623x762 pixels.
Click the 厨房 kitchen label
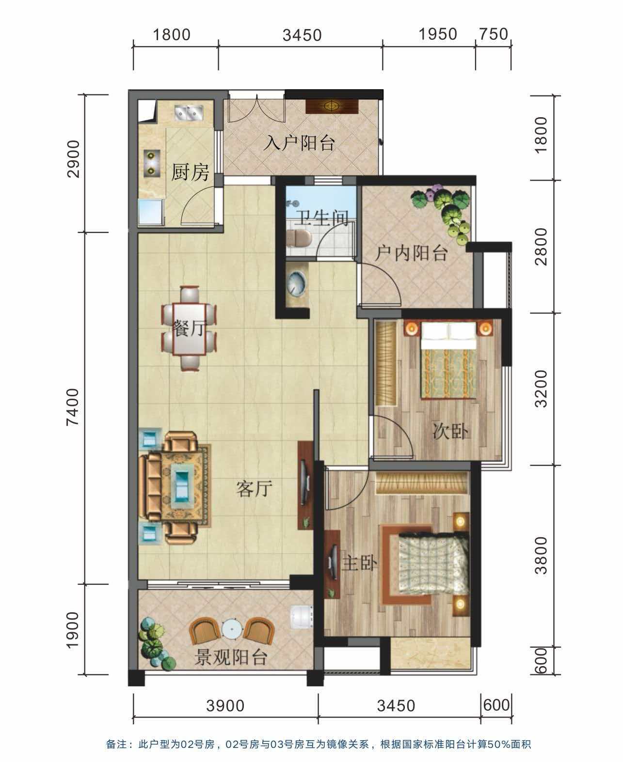coord(190,172)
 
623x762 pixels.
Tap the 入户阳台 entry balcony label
coord(300,143)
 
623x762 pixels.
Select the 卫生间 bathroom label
coord(322,218)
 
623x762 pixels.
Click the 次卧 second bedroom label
coord(450,431)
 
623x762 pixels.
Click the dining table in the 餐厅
coord(189,329)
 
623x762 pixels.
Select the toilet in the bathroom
coord(299,238)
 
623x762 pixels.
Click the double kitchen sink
coord(189,112)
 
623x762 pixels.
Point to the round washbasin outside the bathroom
coord(297,283)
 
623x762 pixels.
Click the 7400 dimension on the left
coord(73,407)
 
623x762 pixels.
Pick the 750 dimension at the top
coord(494,34)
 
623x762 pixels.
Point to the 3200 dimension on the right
coord(541,389)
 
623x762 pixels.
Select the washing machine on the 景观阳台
coord(301,616)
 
